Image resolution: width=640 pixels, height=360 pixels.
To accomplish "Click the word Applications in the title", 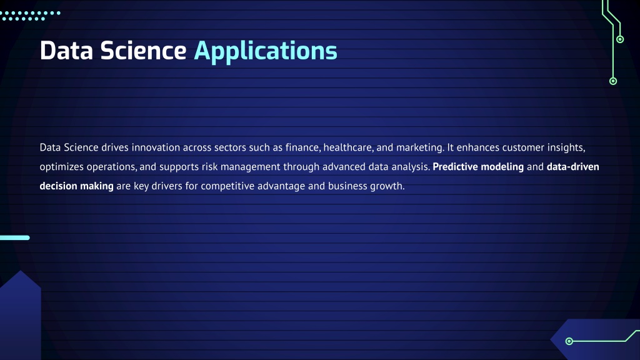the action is click(x=265, y=51).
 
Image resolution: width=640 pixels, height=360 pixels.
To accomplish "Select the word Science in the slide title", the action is click(x=143, y=51).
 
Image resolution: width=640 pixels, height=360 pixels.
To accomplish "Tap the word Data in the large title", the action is click(x=66, y=51).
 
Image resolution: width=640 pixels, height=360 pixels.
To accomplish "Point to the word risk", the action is click(x=209, y=166).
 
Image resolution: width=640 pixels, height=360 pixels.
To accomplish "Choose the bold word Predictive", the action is click(x=455, y=166).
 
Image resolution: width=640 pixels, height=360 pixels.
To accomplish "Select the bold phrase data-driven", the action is click(x=573, y=166).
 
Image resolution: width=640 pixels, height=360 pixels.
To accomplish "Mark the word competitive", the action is click(x=227, y=186).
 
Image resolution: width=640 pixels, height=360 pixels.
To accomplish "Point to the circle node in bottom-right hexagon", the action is click(x=569, y=341).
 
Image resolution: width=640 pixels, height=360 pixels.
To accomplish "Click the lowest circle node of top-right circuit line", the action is click(x=613, y=81).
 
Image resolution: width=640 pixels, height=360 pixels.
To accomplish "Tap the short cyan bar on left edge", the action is click(x=15, y=237).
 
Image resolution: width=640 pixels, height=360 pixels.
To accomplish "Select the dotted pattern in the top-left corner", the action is click(x=30, y=16).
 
